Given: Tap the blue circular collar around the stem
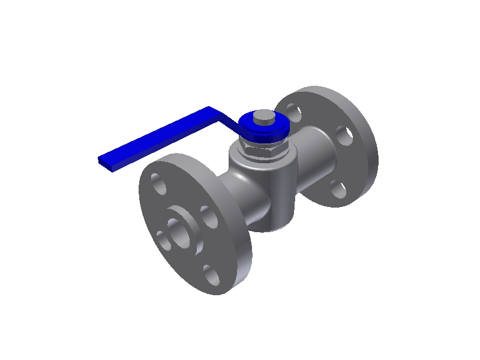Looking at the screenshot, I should tap(265, 130).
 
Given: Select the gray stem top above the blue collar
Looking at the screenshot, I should tap(262, 116).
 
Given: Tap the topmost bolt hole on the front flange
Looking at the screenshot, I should tap(159, 183).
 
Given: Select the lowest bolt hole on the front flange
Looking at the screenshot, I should tap(211, 275).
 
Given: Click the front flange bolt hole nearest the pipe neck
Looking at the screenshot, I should tap(209, 217).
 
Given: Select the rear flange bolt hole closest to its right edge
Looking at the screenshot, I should tap(344, 136).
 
